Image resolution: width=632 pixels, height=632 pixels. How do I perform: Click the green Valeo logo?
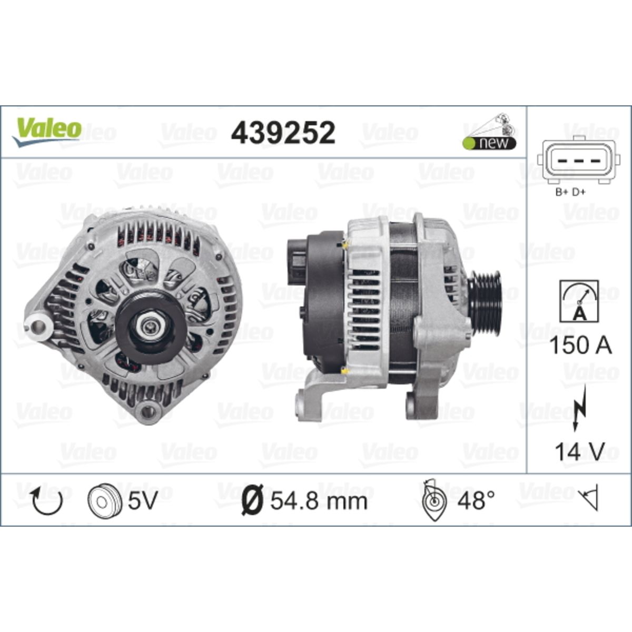(47, 131)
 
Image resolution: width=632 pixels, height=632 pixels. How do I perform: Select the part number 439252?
(283, 133)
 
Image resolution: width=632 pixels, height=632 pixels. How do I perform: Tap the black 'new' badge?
(490, 143)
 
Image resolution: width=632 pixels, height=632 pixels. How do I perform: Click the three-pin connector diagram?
(578, 160)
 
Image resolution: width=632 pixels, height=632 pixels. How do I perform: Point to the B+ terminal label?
(561, 193)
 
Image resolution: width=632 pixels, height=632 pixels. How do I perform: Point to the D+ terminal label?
(579, 193)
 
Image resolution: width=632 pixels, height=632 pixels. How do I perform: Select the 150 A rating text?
(580, 345)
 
